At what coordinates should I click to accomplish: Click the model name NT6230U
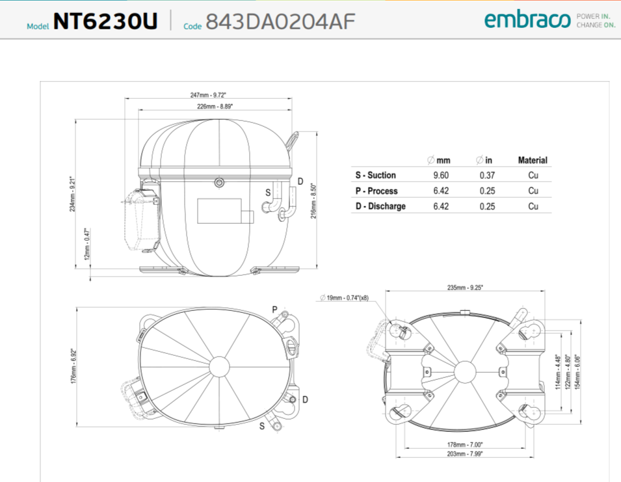point(105,21)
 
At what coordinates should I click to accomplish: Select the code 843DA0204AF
point(280,21)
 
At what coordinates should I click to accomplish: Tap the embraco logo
point(527,20)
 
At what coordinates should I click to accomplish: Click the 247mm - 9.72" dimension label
point(208,95)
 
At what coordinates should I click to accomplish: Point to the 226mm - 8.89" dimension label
point(215,107)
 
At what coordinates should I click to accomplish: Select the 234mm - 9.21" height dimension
point(72,194)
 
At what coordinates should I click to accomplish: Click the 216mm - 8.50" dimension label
point(313,201)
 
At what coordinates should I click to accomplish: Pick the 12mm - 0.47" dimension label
point(87,244)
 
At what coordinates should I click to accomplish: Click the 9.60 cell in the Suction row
point(441,176)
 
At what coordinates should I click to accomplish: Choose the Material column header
point(533,161)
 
